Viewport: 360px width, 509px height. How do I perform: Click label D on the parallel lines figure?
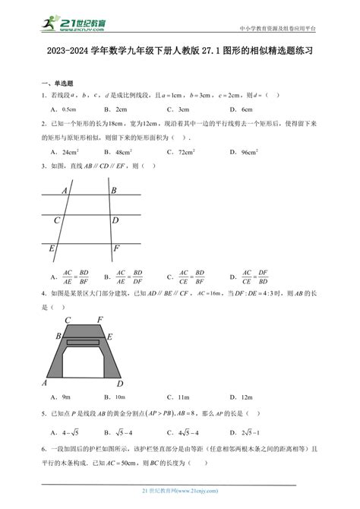[x=115, y=220]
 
